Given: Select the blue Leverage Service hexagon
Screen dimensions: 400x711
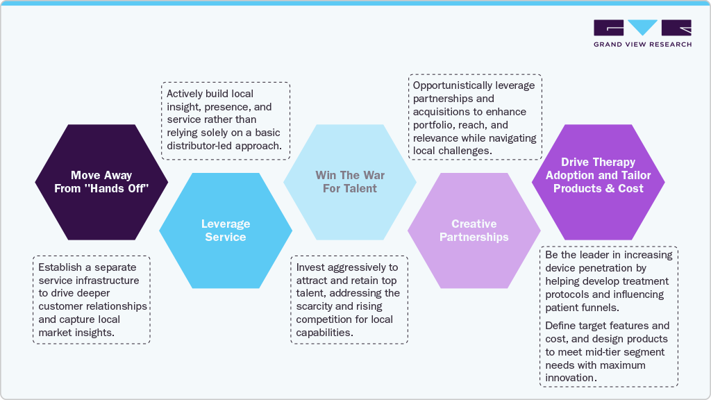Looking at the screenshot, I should tap(225, 231).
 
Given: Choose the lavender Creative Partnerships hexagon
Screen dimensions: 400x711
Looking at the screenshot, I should tap(474, 231).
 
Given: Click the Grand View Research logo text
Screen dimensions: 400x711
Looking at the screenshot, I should tap(642, 44).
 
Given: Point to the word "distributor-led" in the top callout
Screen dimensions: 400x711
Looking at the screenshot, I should tap(201, 145).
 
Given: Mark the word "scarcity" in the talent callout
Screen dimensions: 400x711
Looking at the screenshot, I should tap(316, 306).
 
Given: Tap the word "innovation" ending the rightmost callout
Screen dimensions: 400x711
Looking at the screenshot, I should tap(570, 378).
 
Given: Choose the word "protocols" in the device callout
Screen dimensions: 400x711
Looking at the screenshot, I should tap(567, 294).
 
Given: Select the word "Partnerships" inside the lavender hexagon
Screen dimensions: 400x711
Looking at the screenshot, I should tap(474, 237).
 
